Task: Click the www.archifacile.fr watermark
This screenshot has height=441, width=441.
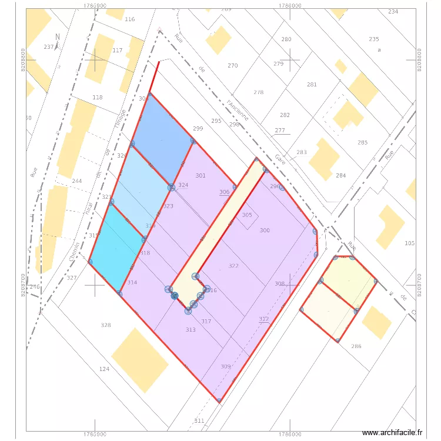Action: [393, 433]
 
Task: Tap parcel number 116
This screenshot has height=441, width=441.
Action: [130, 19]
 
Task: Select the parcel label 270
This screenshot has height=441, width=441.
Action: [233, 66]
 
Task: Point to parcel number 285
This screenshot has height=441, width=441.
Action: [362, 143]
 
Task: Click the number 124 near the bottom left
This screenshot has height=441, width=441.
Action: [104, 369]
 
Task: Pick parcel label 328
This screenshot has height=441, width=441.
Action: [106, 325]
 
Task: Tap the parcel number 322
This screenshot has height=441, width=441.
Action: [233, 266]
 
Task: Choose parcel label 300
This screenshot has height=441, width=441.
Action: [265, 230]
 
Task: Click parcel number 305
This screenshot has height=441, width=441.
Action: [247, 215]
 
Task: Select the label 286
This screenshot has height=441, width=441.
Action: [356, 346]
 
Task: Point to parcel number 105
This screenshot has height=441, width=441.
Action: [410, 243]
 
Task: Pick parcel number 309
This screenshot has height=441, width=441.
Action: [226, 366]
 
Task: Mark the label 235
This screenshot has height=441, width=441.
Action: [374, 39]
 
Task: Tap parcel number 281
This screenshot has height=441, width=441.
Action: [312, 85]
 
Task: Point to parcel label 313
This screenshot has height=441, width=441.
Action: [191, 330]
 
